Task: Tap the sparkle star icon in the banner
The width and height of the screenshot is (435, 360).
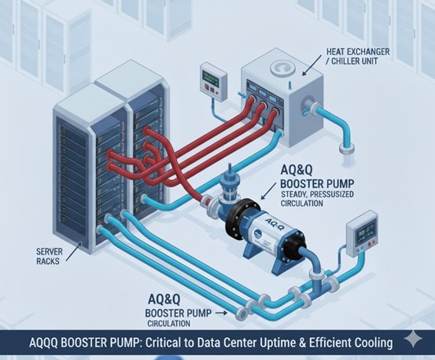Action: tap(413, 339)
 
